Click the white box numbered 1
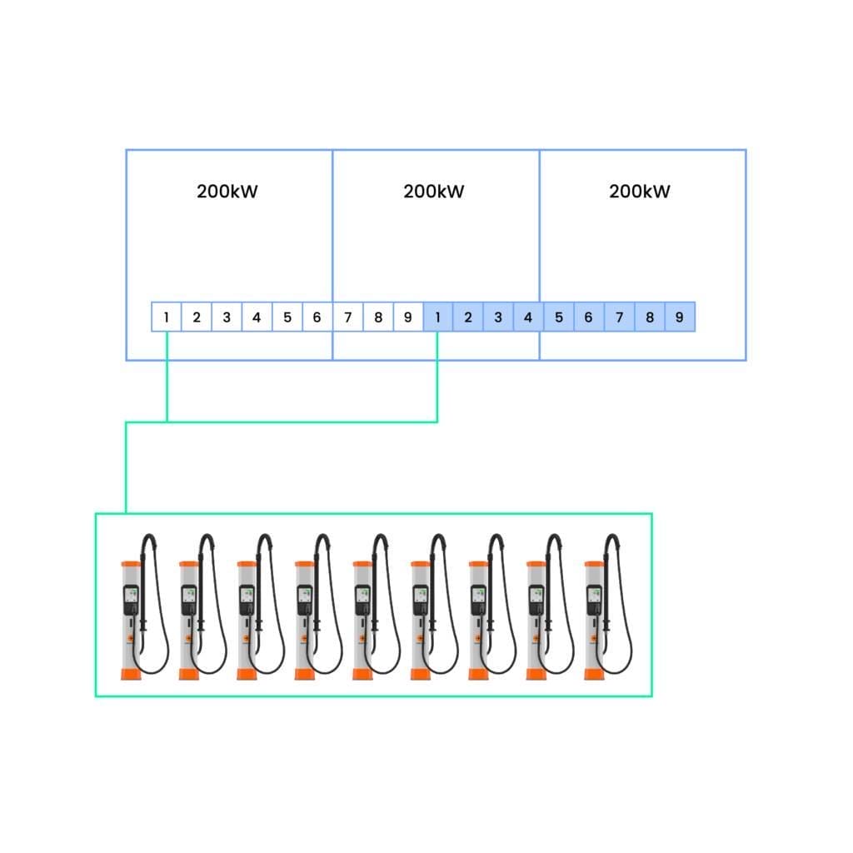167,317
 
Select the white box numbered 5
287,317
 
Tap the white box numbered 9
408,317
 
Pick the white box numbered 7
347,317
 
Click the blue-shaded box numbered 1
438,317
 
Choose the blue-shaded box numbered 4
528,317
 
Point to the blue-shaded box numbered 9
680,317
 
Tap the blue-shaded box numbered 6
589,317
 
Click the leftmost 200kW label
227,192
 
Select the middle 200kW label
433,192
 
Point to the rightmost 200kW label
640,192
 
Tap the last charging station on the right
608,606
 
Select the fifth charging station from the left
377,606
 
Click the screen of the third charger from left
247,594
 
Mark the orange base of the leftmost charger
131,674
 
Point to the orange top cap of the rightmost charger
593,564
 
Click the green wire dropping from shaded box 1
437,377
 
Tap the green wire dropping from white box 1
167,377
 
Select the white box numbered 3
227,317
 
